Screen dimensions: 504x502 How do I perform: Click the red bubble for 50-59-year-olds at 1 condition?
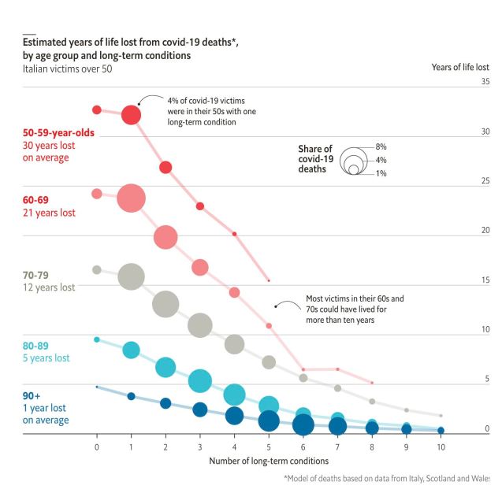pos(131,115)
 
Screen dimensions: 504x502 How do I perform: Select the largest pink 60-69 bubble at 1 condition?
pos(132,198)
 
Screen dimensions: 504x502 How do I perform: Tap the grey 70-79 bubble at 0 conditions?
pos(97,269)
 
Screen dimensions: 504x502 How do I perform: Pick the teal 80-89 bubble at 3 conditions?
pos(200,380)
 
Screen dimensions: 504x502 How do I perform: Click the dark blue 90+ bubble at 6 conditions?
pos(303,425)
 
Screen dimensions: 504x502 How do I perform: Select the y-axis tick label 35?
pos(485,82)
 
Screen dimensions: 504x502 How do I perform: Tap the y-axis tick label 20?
pos(485,231)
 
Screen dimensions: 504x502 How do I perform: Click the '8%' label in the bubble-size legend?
pos(381,147)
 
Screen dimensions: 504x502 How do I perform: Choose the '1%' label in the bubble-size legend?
pos(381,172)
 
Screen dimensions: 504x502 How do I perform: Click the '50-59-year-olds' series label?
pos(58,133)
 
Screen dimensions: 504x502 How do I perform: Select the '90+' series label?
pos(32,396)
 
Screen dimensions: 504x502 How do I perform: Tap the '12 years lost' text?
pos(49,288)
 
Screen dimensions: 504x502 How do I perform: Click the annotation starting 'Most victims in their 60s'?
pos(355,309)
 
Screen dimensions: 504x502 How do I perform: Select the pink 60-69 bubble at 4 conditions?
pos(234,292)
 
